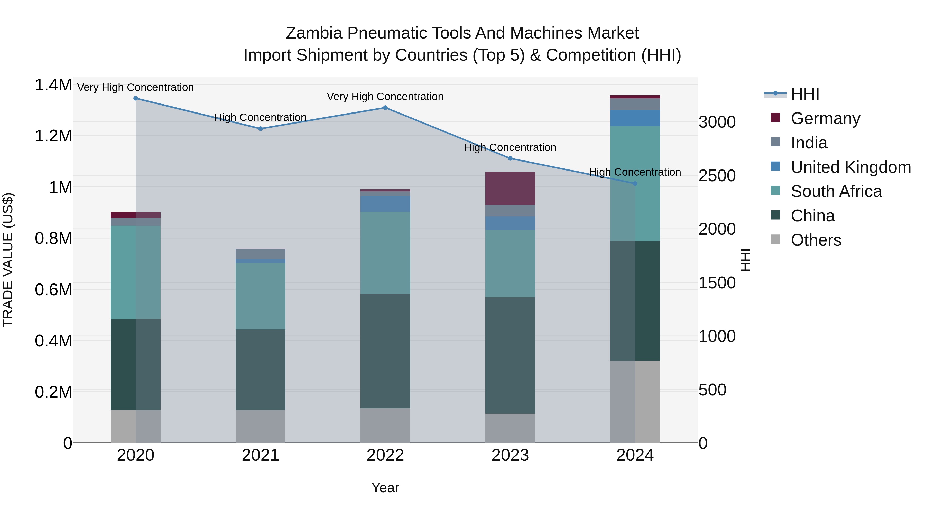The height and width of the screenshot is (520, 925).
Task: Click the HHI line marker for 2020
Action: click(x=135, y=98)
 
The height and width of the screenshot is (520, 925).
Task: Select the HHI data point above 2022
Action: click(x=385, y=108)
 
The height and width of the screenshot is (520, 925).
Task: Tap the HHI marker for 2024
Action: click(x=635, y=183)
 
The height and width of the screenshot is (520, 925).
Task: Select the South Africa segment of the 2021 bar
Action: click(x=260, y=296)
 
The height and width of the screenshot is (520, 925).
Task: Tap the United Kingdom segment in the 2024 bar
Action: click(x=635, y=118)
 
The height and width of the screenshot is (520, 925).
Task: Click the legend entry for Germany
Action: click(x=825, y=118)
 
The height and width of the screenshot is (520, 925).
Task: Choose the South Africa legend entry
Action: click(x=836, y=191)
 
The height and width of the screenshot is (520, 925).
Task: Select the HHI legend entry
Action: click(x=805, y=94)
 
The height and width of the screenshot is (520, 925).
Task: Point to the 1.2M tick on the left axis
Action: click(x=53, y=136)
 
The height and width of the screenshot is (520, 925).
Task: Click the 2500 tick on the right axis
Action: click(x=717, y=176)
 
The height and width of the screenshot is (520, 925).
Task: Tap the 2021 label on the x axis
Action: click(x=260, y=455)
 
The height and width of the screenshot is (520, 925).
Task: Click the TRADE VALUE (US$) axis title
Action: click(x=8, y=260)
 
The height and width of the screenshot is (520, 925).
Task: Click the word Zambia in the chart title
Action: click(x=313, y=33)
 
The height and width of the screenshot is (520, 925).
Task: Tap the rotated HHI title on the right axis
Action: click(x=745, y=260)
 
